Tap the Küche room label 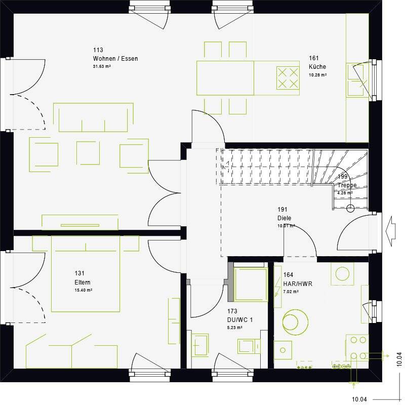pyautogui.click(x=317, y=67)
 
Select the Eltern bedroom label pyautogui.click(x=82, y=282)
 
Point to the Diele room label pyautogui.click(x=284, y=218)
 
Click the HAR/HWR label pyautogui.click(x=298, y=284)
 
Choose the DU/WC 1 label pyautogui.click(x=240, y=320)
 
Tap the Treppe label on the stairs pyautogui.click(x=347, y=185)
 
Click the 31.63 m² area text pyautogui.click(x=101, y=66)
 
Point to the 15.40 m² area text pyautogui.click(x=83, y=290)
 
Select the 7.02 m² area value pyautogui.click(x=291, y=292)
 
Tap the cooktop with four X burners pyautogui.click(x=288, y=78)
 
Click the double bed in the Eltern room pyautogui.click(x=86, y=276)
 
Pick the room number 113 pyautogui.click(x=98, y=50)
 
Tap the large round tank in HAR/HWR pyautogui.click(x=295, y=321)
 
